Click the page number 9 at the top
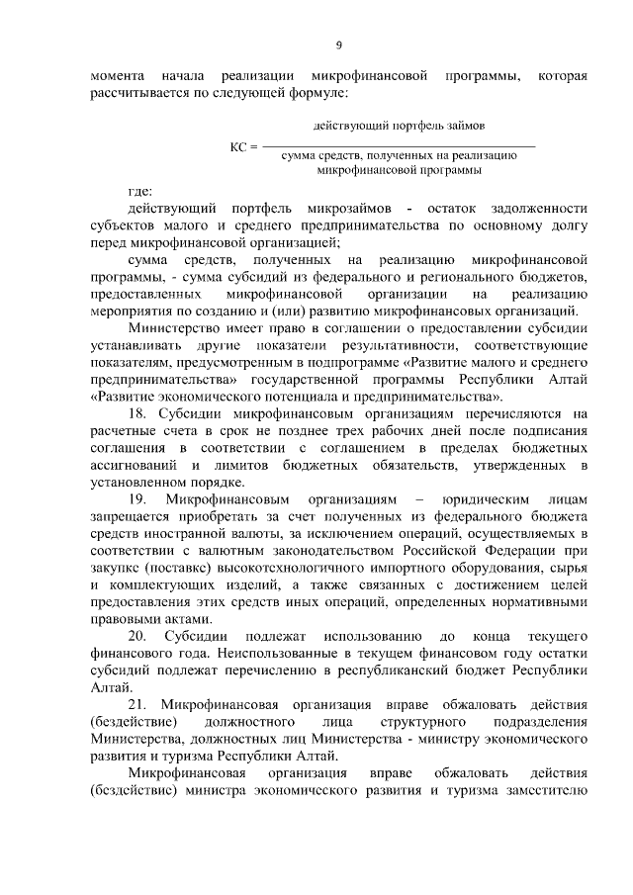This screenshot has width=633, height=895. [x=339, y=45]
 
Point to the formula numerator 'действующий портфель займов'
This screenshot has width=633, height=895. [x=399, y=128]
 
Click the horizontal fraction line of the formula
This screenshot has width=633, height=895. [x=399, y=146]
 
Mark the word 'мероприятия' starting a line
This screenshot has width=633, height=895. [x=131, y=309]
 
